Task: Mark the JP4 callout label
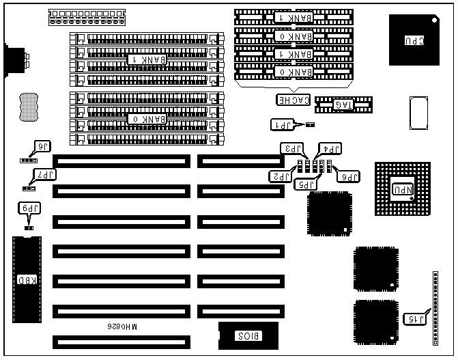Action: tap(331, 148)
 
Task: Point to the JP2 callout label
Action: tap(281, 176)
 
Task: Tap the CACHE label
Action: tap(294, 100)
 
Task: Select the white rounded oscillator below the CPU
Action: tap(418, 112)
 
